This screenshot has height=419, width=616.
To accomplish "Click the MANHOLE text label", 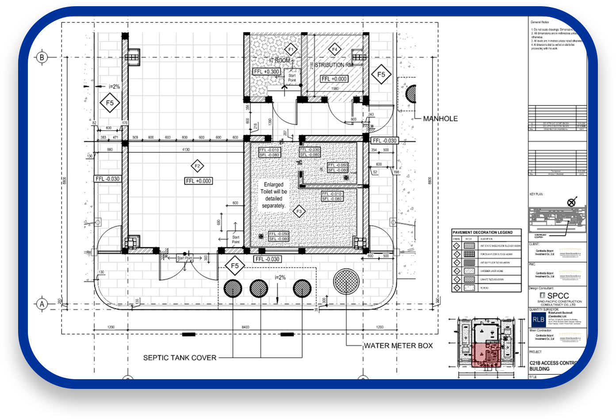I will pyautogui.click(x=440, y=119).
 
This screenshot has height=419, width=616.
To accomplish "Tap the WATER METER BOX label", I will pyautogui.click(x=398, y=346).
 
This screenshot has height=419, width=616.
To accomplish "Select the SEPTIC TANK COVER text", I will pyautogui.click(x=180, y=357).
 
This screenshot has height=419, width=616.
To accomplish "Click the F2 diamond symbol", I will pyautogui.click(x=197, y=166).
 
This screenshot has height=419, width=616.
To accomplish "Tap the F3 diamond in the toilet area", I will pyautogui.click(x=299, y=211).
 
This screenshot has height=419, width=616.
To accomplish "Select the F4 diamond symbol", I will pyautogui.click(x=335, y=49).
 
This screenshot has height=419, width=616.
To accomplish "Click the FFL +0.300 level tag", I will pyautogui.click(x=267, y=72).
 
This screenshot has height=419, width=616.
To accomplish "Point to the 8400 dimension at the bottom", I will pyautogui.click(x=245, y=327).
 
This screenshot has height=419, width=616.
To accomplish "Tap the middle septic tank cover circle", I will pyautogui.click(x=259, y=288).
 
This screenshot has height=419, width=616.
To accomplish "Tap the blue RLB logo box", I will pyautogui.click(x=538, y=319).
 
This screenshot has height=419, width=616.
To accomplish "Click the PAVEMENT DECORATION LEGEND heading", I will pyautogui.click(x=482, y=232).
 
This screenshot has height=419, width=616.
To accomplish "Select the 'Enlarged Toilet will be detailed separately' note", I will pyautogui.click(x=273, y=195).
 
